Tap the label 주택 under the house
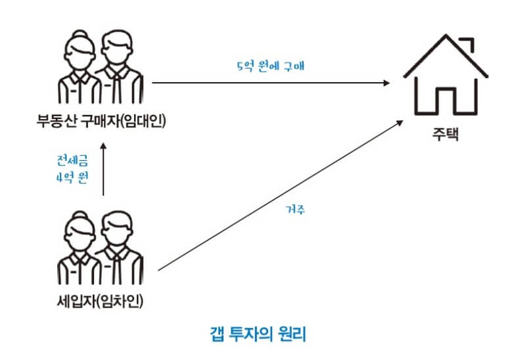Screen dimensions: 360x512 pyautogui.click(x=446, y=135)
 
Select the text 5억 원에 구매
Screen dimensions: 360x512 pyautogui.click(x=270, y=66)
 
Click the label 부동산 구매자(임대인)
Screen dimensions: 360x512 pyautogui.click(x=101, y=122)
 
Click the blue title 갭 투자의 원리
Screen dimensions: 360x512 pyautogui.click(x=256, y=334)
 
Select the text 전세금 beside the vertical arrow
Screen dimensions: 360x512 pyautogui.click(x=72, y=160)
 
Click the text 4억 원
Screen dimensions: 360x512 pyautogui.click(x=72, y=179)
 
